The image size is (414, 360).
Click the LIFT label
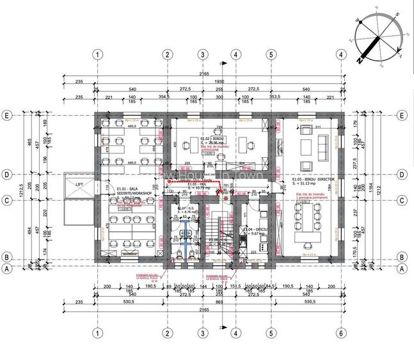(80, 184)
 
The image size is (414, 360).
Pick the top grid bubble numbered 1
(97, 54)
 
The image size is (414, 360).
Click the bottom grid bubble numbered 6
(340, 333)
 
